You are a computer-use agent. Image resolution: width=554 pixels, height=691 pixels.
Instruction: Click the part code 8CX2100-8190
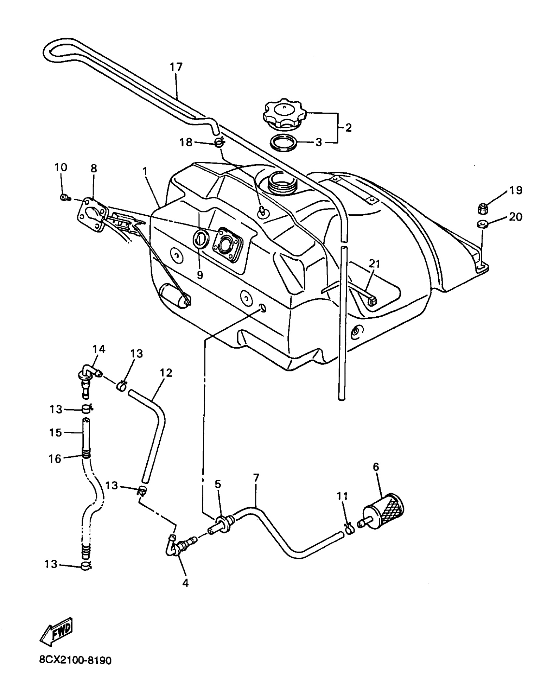75,661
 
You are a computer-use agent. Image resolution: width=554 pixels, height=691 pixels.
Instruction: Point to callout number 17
176,67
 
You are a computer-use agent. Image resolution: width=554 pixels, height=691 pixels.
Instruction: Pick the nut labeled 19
482,208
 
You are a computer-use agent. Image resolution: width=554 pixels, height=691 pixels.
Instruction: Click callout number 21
374,263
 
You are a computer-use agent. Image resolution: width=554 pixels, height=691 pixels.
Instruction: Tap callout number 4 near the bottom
185,583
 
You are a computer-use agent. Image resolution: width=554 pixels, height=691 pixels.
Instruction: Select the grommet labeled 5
223,525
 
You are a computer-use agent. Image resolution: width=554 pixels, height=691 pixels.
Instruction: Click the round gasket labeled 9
201,238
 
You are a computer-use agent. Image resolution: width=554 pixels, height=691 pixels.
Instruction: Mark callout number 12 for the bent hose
166,373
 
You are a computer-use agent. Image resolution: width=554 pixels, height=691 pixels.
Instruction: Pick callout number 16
55,459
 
